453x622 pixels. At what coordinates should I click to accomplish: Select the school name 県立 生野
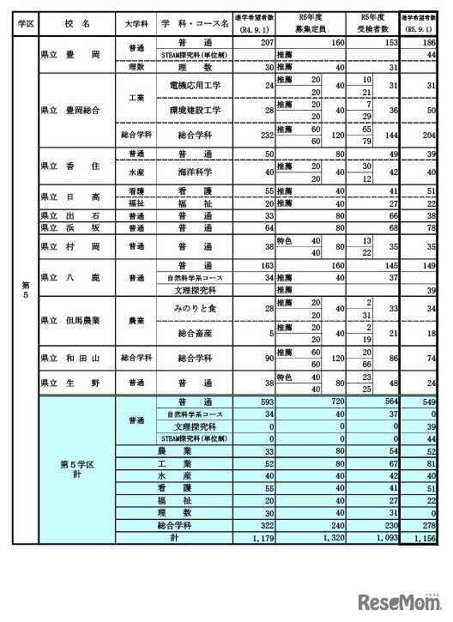click(69, 381)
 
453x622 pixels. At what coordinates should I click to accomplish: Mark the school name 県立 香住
click(69, 164)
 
